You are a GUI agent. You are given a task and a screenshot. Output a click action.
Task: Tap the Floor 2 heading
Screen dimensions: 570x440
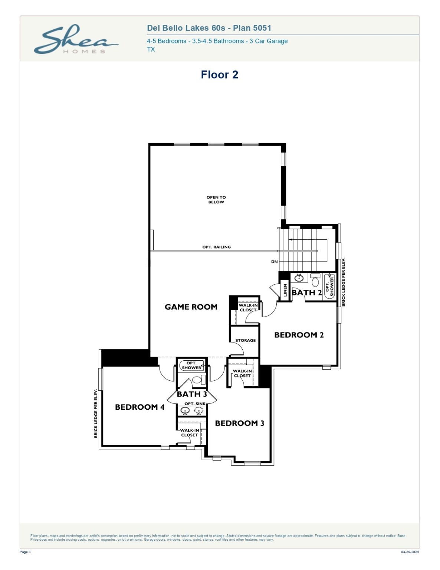[x=219, y=75]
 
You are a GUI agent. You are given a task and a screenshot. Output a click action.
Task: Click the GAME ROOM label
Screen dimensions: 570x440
[x=191, y=307]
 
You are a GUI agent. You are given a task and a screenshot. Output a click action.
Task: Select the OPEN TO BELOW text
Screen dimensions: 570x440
[x=216, y=200]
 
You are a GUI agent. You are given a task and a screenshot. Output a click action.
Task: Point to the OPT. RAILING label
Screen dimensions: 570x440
[x=216, y=247]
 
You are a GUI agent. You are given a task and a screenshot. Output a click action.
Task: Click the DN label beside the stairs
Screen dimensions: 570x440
[x=274, y=262]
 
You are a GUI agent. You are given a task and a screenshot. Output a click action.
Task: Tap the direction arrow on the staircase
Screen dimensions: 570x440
[x=291, y=240]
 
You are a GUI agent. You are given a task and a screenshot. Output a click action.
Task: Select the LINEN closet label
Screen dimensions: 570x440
[x=285, y=290]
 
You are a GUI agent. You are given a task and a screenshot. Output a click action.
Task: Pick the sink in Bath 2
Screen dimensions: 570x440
[x=299, y=278]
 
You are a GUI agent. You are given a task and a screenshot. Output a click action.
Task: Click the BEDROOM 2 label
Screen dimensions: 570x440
[x=299, y=335]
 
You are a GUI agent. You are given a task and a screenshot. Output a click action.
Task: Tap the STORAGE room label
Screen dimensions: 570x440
[x=245, y=340]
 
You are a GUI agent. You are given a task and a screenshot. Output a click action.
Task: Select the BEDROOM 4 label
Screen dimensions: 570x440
[x=139, y=407]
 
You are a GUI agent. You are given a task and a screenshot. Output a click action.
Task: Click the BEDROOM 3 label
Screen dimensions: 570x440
[x=239, y=423]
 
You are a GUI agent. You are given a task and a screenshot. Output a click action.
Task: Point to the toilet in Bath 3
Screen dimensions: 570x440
[x=199, y=380]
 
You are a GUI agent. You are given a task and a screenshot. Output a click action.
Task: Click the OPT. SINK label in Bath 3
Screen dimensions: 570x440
[x=195, y=404]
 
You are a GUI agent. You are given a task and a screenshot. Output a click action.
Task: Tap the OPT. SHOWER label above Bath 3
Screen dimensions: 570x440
[x=191, y=366]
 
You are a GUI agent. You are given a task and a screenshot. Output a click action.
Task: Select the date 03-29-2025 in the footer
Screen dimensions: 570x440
[x=410, y=552]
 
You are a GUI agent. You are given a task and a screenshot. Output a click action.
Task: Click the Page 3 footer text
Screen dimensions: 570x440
[x=25, y=552]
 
